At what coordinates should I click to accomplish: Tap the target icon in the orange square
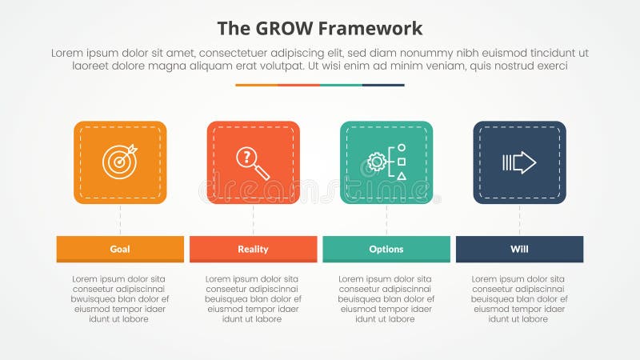click(119, 162)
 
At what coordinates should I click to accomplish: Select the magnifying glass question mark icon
click(253, 162)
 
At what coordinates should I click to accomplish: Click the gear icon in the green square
click(377, 162)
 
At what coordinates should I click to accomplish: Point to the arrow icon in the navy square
click(519, 162)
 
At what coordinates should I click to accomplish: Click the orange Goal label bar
click(120, 249)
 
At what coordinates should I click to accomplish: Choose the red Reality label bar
click(253, 249)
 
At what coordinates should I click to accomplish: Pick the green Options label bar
click(386, 249)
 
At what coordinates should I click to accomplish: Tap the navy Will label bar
click(519, 249)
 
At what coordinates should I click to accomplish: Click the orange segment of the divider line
click(256, 85)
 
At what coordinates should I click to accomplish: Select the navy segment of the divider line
click(383, 85)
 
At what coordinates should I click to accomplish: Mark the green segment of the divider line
click(341, 85)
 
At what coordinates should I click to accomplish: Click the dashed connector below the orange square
click(120, 219)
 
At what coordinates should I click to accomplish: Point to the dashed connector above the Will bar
click(519, 219)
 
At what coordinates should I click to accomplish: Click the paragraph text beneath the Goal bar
click(120, 298)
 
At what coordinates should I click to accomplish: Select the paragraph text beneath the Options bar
click(386, 298)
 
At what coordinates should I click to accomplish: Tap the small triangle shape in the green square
click(402, 175)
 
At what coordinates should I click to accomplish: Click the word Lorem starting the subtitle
click(69, 53)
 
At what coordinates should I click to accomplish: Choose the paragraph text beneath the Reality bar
click(253, 298)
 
